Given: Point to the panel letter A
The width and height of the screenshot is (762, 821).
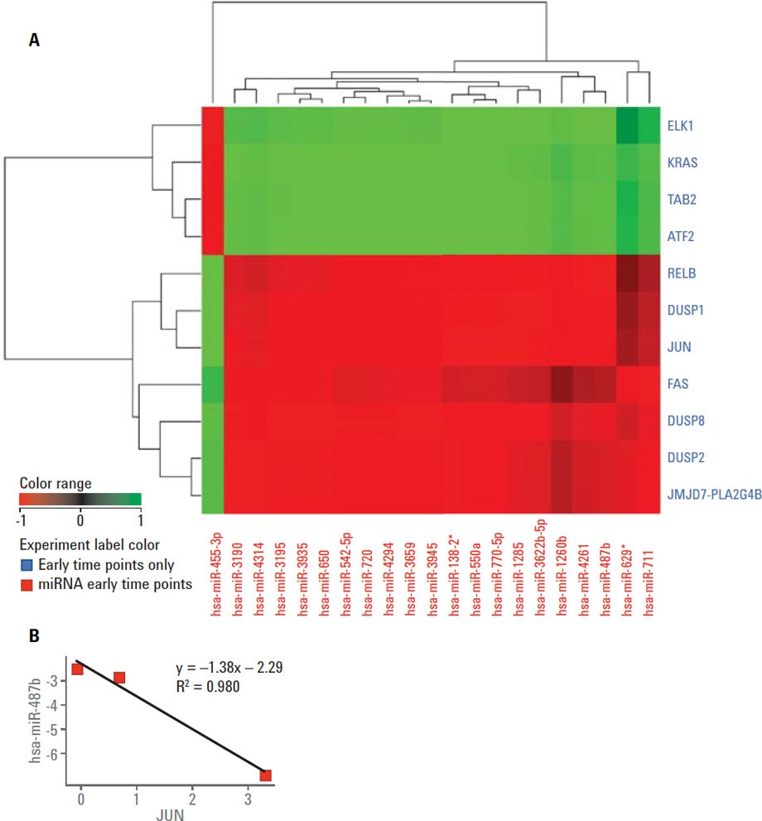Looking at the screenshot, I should (34, 39).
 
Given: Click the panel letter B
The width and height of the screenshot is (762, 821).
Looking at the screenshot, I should (34, 636).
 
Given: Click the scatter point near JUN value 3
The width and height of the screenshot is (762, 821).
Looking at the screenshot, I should (265, 775).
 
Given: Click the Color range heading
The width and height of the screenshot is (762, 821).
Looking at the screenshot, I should (55, 482).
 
